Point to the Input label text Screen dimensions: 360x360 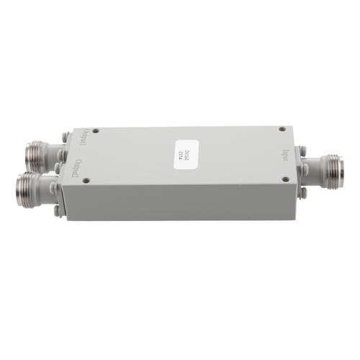pos(287,153)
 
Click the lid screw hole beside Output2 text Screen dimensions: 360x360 pos(86,180)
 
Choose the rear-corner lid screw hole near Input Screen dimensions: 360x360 pos(282,130)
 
